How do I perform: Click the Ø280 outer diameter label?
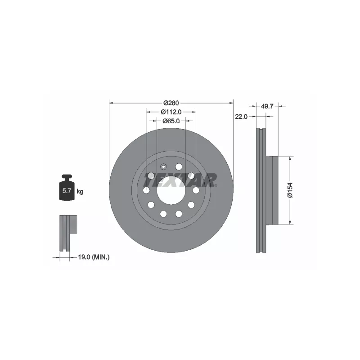[171, 103]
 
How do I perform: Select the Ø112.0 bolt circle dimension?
[171, 112]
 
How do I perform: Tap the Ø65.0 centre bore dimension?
[171, 121]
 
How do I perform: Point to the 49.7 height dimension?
[267, 106]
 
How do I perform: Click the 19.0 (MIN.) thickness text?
[94, 257]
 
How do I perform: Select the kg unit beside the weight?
[80, 192]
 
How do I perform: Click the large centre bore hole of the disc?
[171, 190]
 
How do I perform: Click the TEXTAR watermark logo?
[180, 180]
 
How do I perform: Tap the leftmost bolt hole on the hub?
[146, 190]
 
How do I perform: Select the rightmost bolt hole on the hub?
[196, 190]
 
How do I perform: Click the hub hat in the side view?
[272, 190]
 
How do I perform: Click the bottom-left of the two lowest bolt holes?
[163, 213]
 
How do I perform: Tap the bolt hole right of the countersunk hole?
[179, 166]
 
